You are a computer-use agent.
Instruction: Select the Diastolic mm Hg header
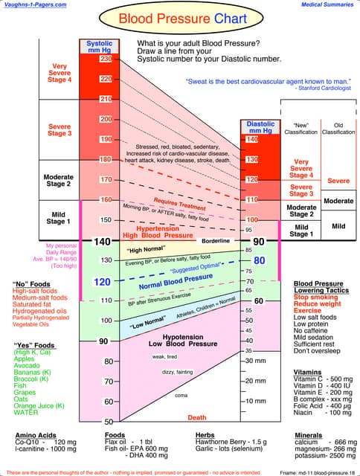(260, 128)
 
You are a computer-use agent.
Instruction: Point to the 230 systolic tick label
(106, 59)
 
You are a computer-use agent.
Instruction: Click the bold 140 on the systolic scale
(101, 241)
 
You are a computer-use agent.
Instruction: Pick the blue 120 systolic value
(102, 282)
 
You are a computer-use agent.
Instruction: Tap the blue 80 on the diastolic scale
(259, 261)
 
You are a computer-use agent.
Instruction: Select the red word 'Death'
(197, 417)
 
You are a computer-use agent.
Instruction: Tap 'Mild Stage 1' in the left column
(59, 217)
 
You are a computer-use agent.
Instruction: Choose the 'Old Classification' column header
(338, 128)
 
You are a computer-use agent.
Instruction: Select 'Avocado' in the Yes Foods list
(28, 365)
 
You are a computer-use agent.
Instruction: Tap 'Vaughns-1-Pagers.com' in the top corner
(33, 4)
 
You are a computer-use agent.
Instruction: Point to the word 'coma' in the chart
(181, 394)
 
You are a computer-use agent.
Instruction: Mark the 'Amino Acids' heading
(35, 434)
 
